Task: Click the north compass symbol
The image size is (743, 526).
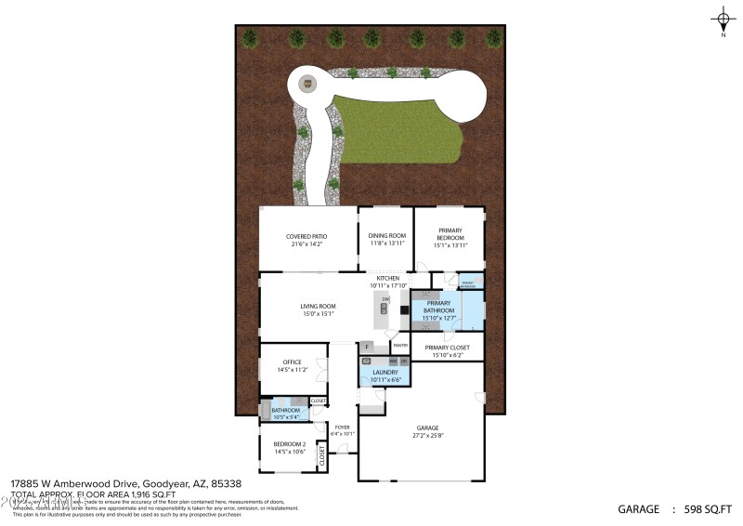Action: click(723, 19)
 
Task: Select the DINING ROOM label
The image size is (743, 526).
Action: click(386, 236)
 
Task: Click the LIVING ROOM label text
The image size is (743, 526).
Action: click(318, 306)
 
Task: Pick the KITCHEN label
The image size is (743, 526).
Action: click(387, 278)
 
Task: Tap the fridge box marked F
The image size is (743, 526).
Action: click(368, 347)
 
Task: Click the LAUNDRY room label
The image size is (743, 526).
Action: click(385, 372)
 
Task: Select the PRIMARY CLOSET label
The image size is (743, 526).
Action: click(448, 348)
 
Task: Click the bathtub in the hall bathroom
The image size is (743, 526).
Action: click(265, 409)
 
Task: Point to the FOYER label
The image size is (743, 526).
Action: click(343, 427)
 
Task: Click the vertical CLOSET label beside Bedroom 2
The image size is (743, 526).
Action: click(322, 455)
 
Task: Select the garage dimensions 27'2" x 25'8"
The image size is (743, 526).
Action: click(422, 435)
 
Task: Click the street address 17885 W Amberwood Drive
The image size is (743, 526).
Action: click(74, 483)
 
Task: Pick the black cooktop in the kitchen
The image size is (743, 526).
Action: click(404, 310)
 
